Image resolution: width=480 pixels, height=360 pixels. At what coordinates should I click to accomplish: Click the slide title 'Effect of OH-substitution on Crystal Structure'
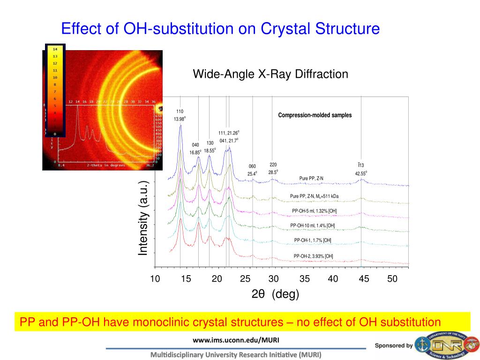pos(220,29)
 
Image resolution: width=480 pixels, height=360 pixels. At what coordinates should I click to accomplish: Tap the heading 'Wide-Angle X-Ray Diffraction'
pos(270,74)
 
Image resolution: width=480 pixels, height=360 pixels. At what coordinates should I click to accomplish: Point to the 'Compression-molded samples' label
pos(315,115)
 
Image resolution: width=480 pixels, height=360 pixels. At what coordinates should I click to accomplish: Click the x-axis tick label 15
pos(186,279)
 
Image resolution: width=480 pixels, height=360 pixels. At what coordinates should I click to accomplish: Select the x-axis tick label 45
pos(364,279)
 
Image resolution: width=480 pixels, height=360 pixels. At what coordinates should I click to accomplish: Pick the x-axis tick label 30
pos(274,279)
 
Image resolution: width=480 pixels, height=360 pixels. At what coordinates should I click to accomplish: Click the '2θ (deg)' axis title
pos(275,294)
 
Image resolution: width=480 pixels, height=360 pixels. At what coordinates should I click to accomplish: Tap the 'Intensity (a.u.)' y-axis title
pos(143,218)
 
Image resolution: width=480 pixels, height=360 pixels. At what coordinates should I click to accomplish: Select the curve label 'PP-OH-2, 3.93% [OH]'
pos(313,256)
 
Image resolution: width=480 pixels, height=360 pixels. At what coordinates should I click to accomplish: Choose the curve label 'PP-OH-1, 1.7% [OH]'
pos(313,240)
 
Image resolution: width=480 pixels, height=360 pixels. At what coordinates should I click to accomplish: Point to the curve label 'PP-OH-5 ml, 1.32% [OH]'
pos(314,211)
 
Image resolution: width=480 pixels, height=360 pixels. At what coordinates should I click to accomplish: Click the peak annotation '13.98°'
pos(180,119)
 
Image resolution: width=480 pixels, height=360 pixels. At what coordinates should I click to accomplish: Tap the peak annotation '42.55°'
pos(360,173)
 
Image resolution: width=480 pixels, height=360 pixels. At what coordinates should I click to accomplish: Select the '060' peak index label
pos(252,166)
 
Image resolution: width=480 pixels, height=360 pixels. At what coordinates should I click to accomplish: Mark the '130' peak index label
pos(210,143)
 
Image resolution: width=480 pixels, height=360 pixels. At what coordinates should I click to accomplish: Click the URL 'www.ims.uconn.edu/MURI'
pos(235,339)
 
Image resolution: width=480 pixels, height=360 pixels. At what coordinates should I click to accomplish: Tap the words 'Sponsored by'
pos(393,345)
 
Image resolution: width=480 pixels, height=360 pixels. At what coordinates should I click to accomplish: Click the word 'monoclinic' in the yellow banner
pos(194,322)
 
